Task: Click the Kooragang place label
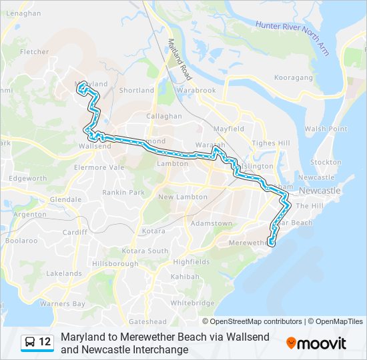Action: (294, 78)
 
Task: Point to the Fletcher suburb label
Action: (34, 51)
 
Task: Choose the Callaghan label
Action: (165, 116)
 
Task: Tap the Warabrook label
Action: (197, 90)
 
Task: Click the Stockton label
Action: (326, 162)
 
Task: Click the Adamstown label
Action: (211, 223)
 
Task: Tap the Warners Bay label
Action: (62, 304)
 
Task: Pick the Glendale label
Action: (65, 199)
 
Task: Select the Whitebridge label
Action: (192, 303)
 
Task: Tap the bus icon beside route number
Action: (31, 342)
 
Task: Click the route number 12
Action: (45, 342)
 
